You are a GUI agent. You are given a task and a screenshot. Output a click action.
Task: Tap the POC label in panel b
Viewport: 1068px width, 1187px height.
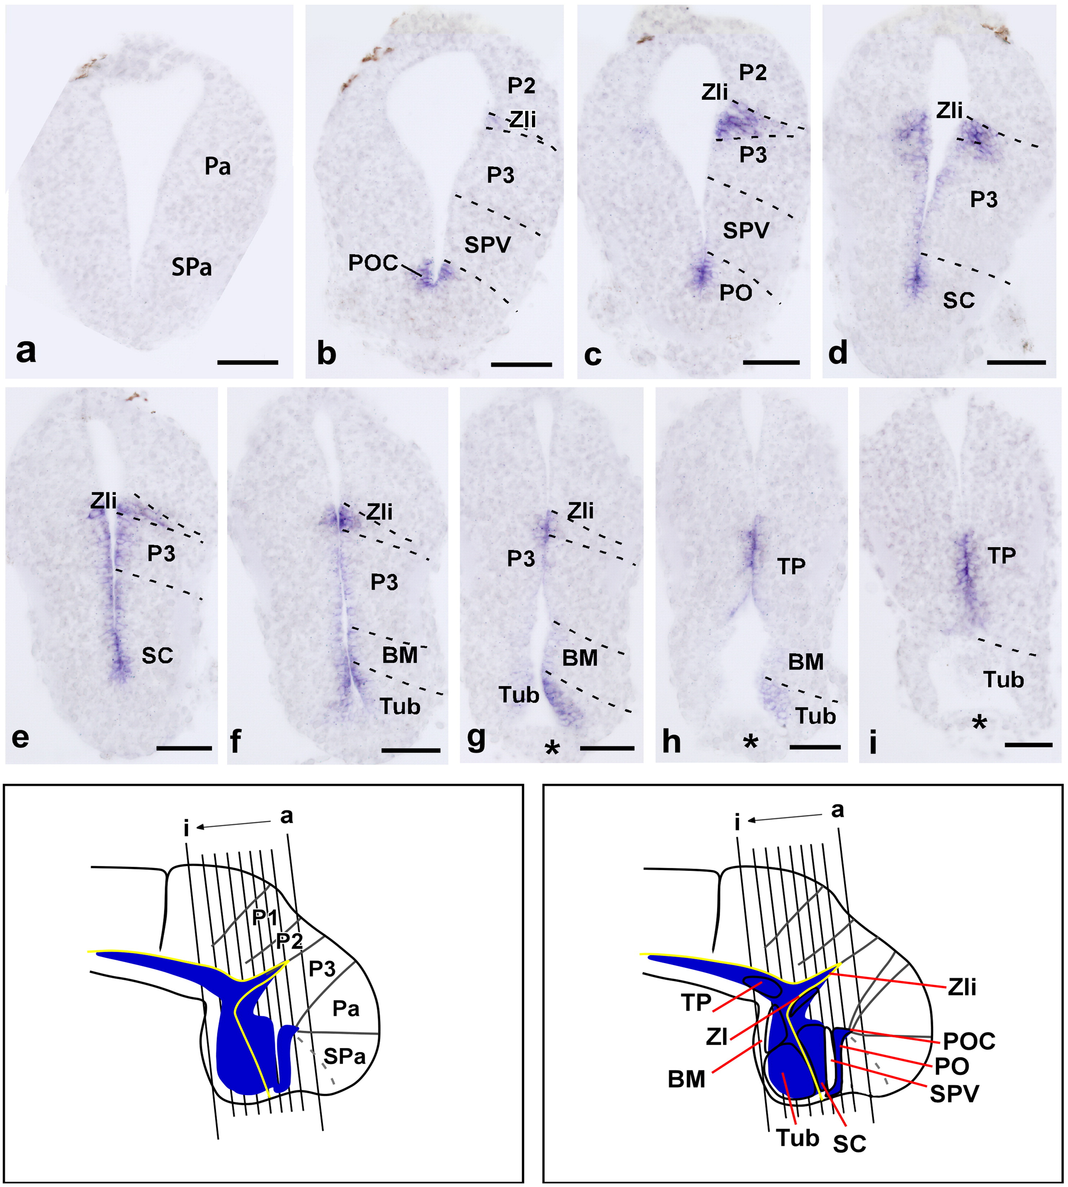click(x=373, y=263)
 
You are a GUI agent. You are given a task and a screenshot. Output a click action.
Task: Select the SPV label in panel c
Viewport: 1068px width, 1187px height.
click(x=745, y=231)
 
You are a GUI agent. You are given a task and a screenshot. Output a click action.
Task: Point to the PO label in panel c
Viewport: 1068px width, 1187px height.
click(x=736, y=293)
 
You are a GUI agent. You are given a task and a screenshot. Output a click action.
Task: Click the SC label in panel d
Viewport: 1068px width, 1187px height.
click(x=959, y=300)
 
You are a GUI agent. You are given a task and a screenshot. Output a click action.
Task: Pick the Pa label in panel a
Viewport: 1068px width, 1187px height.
click(x=218, y=167)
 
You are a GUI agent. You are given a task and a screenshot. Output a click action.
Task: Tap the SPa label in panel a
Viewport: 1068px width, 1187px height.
click(x=192, y=268)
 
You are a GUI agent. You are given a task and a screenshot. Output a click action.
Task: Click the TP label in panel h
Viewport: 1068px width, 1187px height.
click(x=791, y=567)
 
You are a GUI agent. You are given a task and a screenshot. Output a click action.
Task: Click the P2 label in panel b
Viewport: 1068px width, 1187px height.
click(x=521, y=86)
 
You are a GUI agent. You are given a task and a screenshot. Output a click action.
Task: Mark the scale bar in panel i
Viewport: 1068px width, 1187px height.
click(x=1028, y=745)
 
